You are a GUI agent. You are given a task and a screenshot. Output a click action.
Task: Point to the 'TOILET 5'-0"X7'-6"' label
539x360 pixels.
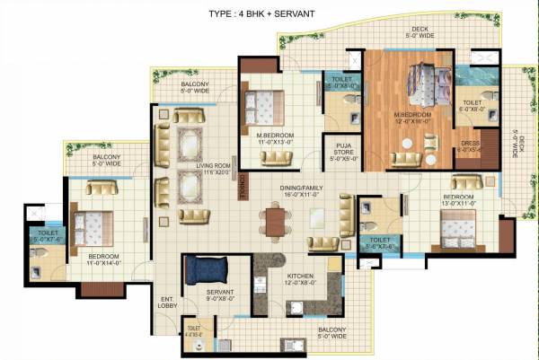point(49,237)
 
